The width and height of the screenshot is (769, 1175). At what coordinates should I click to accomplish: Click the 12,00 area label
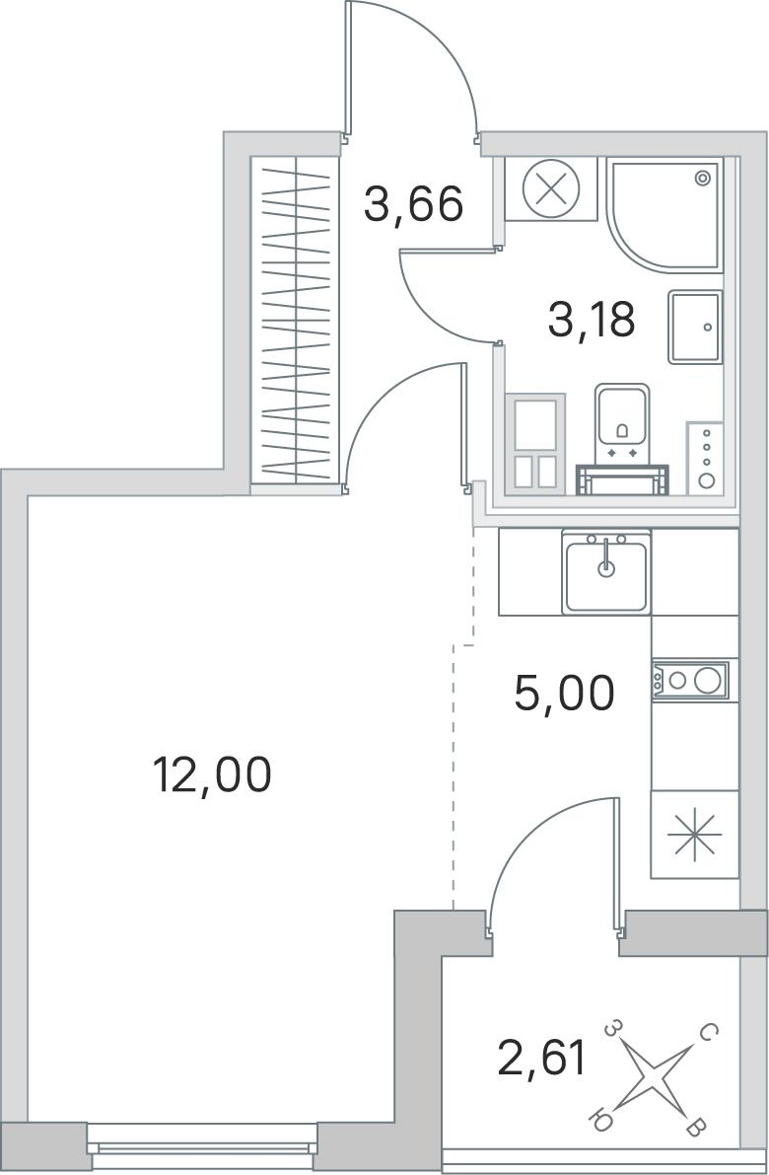click(x=211, y=774)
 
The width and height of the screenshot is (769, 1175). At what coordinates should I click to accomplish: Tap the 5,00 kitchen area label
click(x=564, y=694)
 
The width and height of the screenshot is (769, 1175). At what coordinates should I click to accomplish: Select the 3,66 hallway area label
click(x=413, y=204)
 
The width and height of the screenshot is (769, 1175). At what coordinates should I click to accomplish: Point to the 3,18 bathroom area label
click(x=592, y=319)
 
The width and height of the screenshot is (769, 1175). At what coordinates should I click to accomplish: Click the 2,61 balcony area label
click(x=541, y=1059)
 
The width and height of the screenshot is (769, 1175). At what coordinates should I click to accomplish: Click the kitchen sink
click(x=606, y=572)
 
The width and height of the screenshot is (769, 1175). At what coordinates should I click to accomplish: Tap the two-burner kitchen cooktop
click(x=689, y=680)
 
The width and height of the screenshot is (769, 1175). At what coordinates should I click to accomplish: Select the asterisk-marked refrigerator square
click(x=694, y=834)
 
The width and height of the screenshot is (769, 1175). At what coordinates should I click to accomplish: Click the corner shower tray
click(x=664, y=213)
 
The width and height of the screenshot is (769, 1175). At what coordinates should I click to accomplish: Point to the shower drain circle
click(x=702, y=178)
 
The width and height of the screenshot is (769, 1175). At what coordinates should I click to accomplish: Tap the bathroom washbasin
click(x=696, y=327)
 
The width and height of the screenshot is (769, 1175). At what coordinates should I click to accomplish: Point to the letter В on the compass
click(x=695, y=1127)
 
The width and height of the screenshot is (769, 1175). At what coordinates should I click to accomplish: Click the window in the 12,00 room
click(x=202, y=1145)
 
